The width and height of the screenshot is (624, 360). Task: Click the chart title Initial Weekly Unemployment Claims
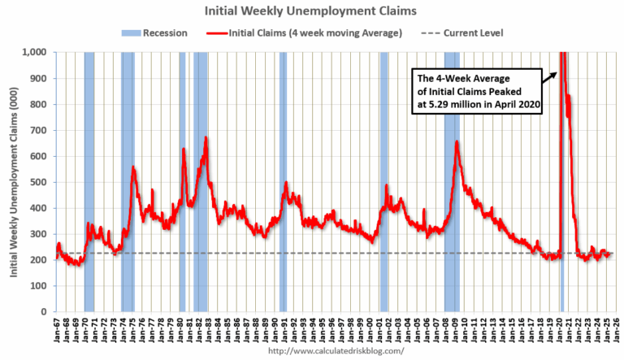click(312, 11)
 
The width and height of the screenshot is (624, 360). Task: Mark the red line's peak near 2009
click(457, 142)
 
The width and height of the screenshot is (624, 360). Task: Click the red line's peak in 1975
click(133, 167)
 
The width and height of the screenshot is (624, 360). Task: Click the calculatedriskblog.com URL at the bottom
click(335, 351)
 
